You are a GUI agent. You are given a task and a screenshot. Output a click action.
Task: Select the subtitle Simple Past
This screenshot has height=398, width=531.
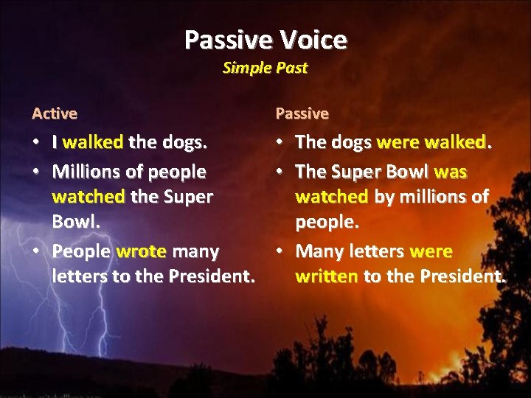(265, 68)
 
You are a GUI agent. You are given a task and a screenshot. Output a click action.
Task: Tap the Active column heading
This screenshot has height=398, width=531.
(55, 114)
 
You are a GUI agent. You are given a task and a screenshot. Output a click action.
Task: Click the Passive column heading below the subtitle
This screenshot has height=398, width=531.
(302, 114)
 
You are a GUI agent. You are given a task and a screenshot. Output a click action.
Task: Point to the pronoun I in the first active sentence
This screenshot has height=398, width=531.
(55, 142)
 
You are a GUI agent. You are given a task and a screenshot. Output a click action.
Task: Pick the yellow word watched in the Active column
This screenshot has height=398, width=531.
(88, 198)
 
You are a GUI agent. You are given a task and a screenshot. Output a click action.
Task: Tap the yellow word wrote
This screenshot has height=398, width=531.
(141, 251)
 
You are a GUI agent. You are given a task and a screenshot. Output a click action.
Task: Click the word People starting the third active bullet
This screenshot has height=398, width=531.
(80, 251)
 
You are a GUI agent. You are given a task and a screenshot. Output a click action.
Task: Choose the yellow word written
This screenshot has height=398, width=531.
(327, 277)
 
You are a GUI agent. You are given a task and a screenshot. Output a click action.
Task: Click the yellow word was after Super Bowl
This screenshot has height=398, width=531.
(451, 172)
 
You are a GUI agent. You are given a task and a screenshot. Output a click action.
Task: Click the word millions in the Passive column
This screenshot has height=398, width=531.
(432, 198)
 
